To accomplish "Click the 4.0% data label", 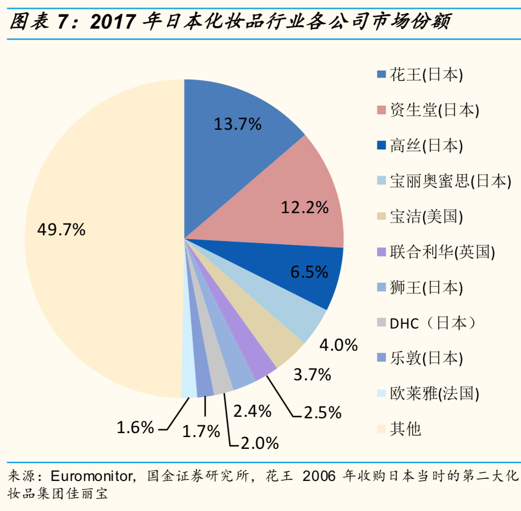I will (x=338, y=345).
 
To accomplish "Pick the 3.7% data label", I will (x=311, y=375).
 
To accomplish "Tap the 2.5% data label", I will (x=323, y=412).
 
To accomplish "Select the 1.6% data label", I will (x=135, y=427).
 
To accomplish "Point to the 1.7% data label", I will (x=201, y=432).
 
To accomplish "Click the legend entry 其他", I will (x=406, y=429).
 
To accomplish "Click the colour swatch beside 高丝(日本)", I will (x=381, y=146).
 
